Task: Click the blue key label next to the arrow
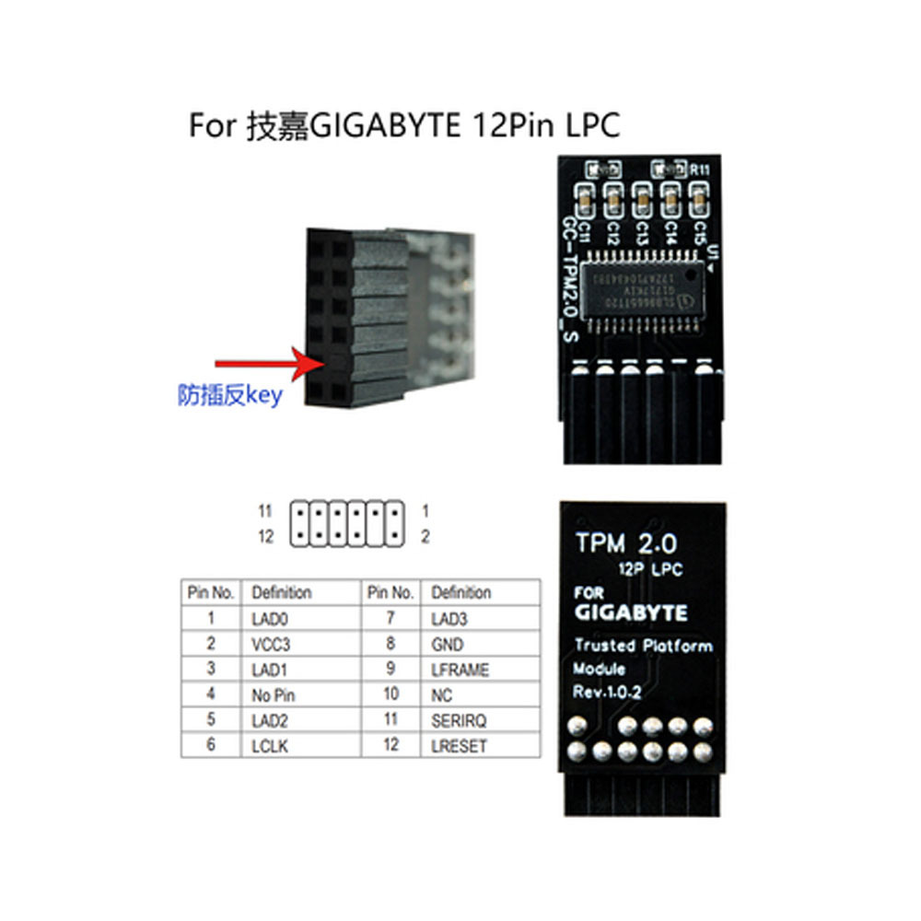pos(229,396)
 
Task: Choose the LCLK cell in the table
pos(270,746)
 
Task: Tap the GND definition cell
pos(448,645)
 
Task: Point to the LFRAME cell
pos(460,670)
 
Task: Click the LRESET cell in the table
pos(459,746)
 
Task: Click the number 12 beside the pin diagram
pos(266,537)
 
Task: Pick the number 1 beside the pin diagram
pos(426,510)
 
